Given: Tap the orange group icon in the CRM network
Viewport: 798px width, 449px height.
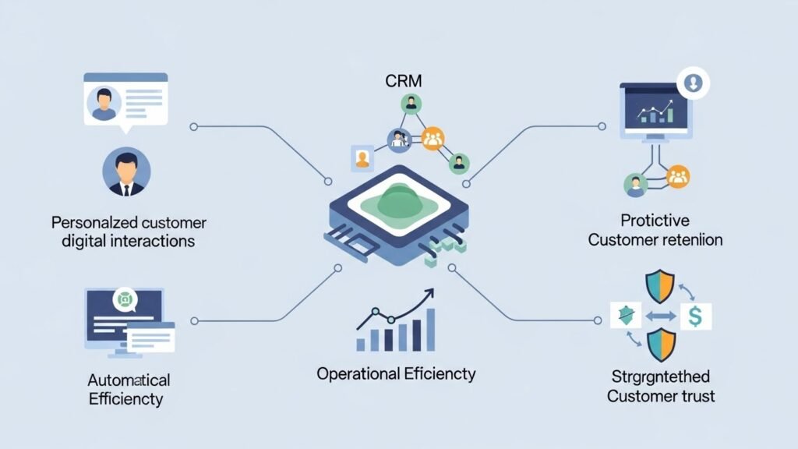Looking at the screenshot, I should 433,140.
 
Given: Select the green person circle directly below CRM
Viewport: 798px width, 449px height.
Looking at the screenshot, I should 411,104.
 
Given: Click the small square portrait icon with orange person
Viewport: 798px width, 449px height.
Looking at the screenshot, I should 362,157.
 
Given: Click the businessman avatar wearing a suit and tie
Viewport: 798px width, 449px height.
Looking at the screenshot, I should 126,171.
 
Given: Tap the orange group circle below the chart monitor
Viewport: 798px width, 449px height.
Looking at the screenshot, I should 677,177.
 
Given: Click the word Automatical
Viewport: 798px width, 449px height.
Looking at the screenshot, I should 129,380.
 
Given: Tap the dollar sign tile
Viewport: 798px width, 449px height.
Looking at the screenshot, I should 695,316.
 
